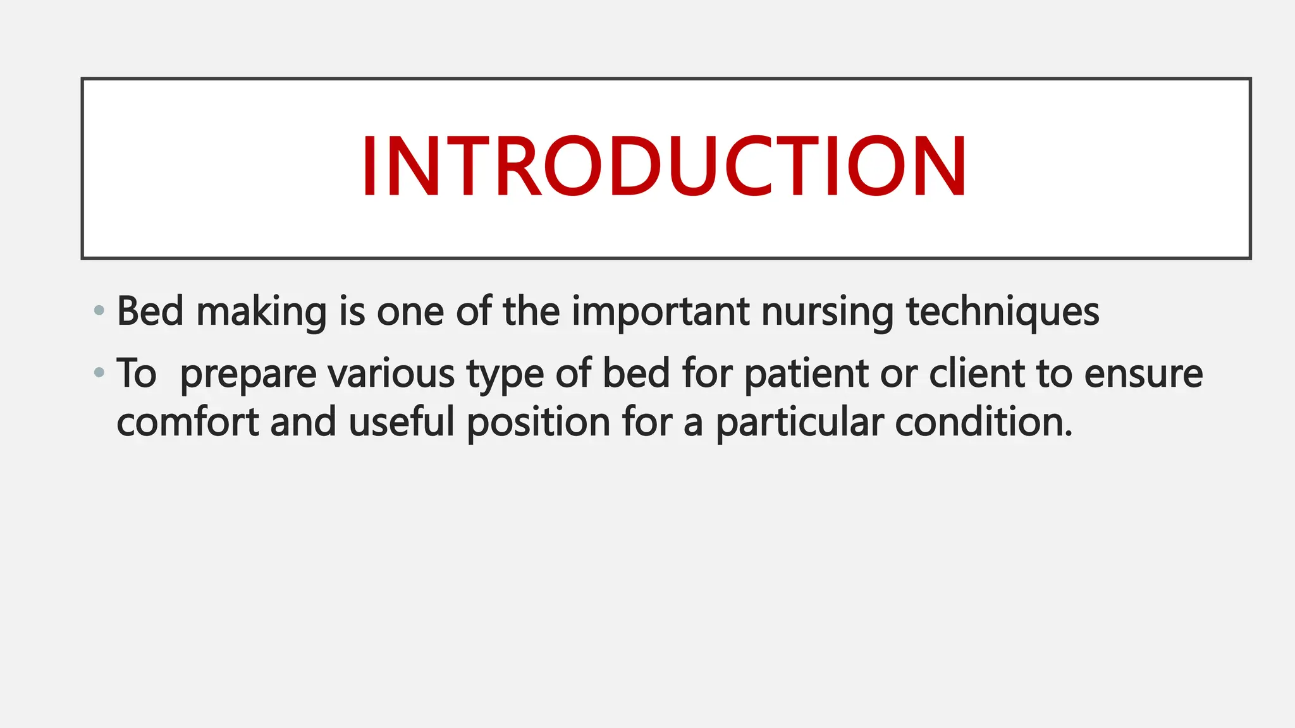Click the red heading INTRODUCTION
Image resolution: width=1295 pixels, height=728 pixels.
(664, 167)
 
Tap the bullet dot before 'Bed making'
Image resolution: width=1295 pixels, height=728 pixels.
(99, 310)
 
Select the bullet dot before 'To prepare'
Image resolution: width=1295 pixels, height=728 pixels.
(99, 372)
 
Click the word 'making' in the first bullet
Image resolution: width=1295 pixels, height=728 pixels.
(261, 312)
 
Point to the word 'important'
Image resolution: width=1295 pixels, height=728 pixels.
(660, 312)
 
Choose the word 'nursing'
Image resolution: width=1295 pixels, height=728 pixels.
(827, 312)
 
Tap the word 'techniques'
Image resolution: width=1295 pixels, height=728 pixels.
(1003, 312)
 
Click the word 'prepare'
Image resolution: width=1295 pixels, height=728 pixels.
(248, 374)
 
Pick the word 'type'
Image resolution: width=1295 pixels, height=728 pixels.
(505, 374)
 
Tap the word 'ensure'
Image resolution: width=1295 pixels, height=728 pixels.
(1143, 374)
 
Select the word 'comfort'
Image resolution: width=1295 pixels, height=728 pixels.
(187, 422)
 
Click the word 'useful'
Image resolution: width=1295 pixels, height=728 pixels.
(402, 422)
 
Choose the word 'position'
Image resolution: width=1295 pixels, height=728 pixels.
(538, 423)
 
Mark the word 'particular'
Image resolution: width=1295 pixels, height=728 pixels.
(799, 423)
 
